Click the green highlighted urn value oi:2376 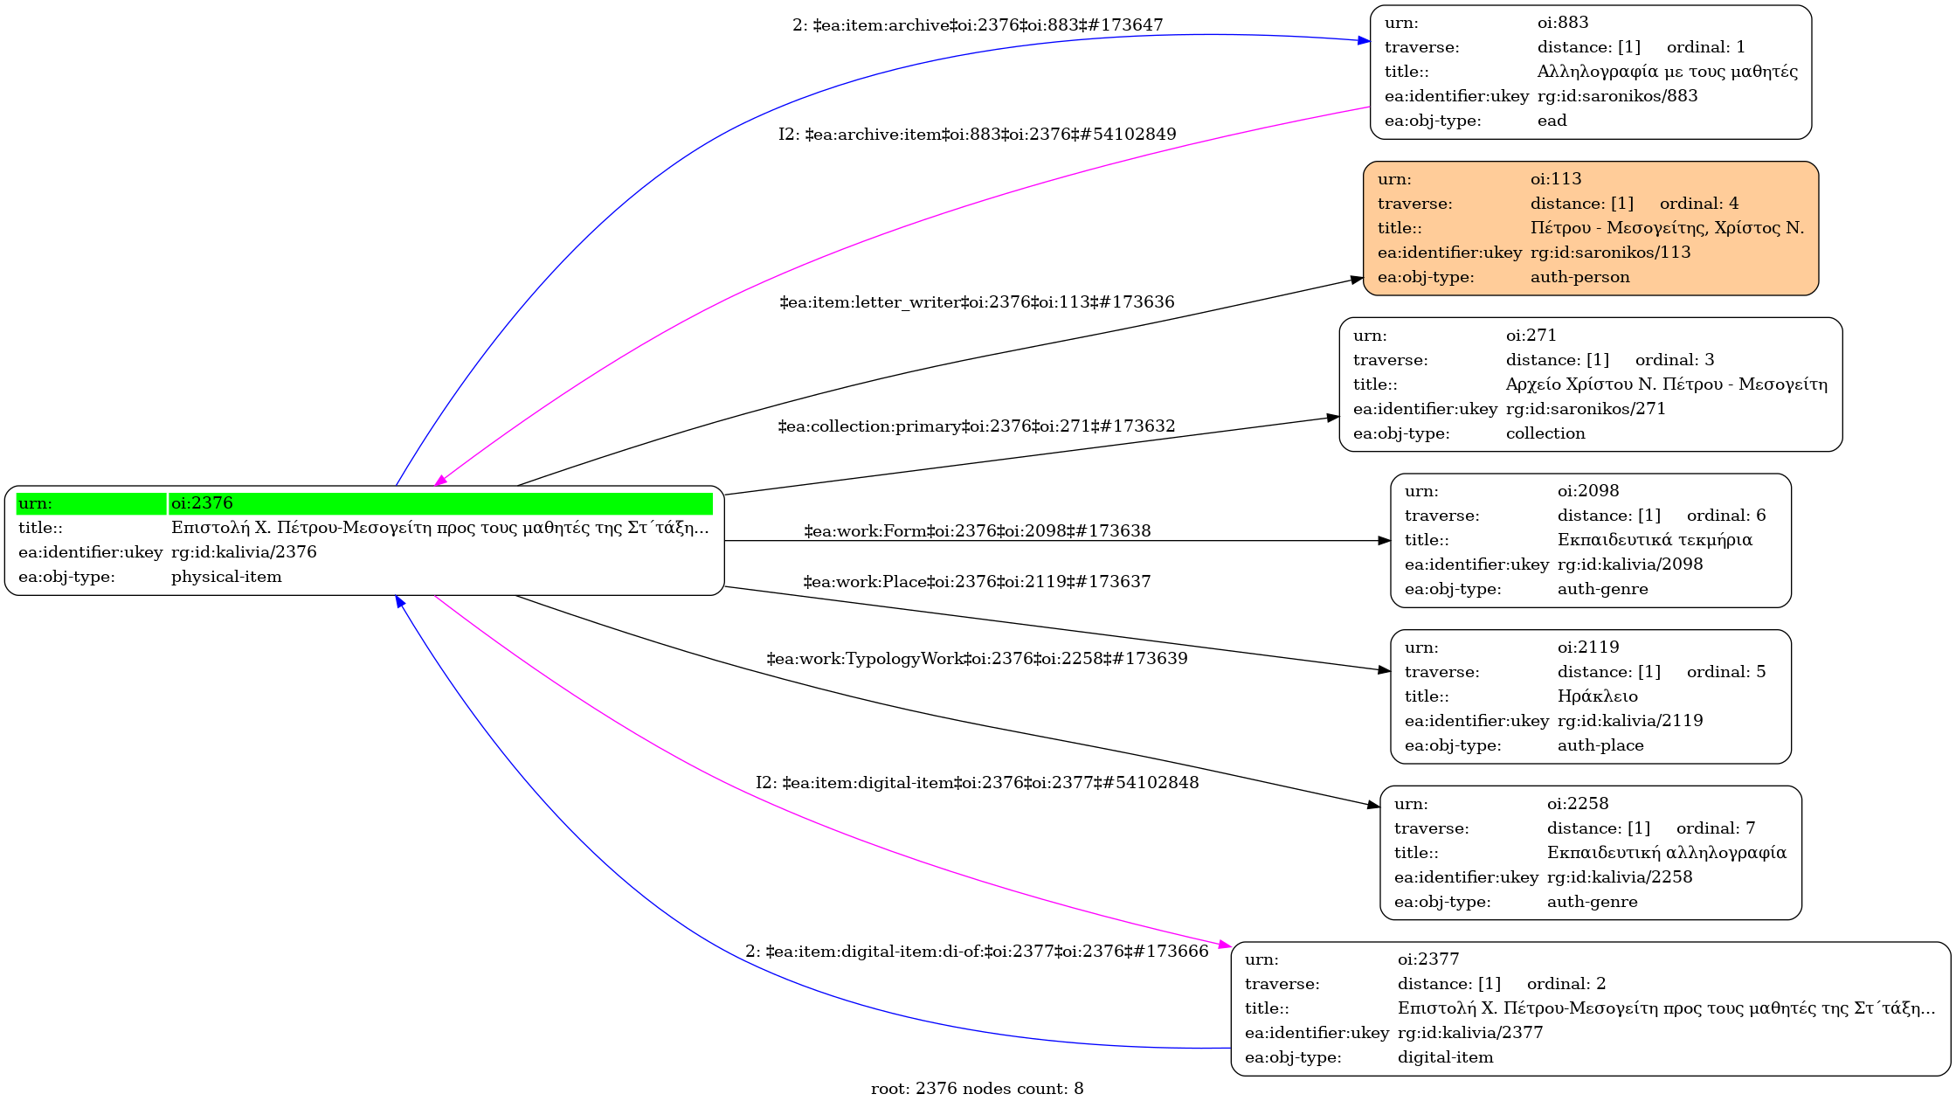point(203,503)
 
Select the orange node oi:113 point(1590,228)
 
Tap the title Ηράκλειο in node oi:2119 point(1597,696)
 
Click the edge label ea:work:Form point(977,531)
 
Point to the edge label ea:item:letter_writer point(977,302)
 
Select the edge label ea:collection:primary point(977,426)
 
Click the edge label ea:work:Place point(977,582)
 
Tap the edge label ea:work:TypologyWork point(977,659)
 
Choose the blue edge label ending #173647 point(977,25)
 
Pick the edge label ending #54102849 point(977,135)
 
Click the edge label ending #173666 point(977,952)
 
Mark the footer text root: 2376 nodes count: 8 point(977,1089)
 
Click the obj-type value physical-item point(226,577)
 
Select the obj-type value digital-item point(1445,1057)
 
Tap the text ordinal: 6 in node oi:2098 point(1725,516)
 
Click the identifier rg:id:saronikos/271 point(1585,409)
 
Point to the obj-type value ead point(1552,121)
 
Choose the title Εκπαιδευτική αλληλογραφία point(1666,853)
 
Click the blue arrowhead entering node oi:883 point(1364,40)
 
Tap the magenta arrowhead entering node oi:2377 point(1225,945)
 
